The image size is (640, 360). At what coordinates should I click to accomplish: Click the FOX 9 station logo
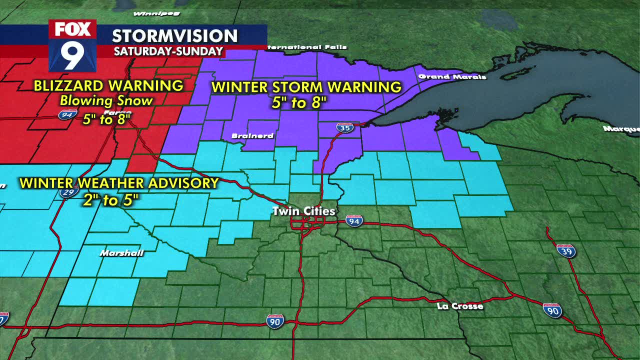[x=72, y=45]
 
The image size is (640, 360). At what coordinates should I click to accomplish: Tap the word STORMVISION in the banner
[x=174, y=36]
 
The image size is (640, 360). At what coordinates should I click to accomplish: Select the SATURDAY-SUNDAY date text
[x=168, y=51]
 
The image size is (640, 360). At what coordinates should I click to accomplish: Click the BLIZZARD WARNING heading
[x=108, y=85]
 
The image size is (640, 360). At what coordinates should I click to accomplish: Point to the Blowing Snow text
[x=106, y=100]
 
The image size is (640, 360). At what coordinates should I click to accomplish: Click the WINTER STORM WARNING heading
[x=306, y=87]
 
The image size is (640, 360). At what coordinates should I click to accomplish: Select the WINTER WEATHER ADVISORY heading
[x=119, y=183]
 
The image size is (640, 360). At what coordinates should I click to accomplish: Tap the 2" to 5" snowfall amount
[x=110, y=200]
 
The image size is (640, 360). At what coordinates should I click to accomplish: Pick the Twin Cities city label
[x=303, y=211]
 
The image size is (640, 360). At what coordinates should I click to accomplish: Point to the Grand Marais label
[x=452, y=76]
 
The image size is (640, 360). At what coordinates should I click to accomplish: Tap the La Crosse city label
[x=459, y=306]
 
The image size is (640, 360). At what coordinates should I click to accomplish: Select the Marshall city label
[x=121, y=253]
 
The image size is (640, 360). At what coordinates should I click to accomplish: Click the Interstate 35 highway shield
[x=344, y=127]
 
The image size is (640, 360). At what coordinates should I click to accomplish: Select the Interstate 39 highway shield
[x=566, y=250]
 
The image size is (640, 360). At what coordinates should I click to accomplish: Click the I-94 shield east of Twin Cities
[x=354, y=221]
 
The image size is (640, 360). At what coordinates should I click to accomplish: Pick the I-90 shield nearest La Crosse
[x=552, y=310]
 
